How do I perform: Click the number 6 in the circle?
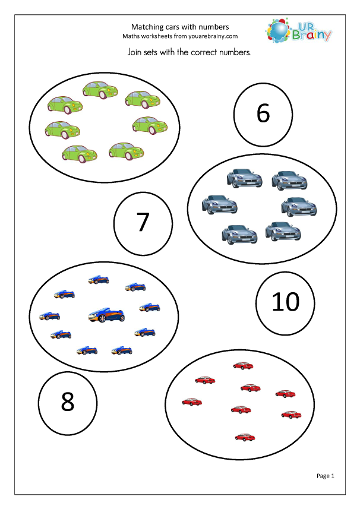(x=263, y=113)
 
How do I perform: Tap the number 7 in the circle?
(x=143, y=222)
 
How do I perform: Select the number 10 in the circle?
(x=285, y=302)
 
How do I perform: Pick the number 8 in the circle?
(x=67, y=402)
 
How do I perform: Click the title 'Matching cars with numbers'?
(x=179, y=27)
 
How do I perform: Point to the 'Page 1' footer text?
(x=326, y=475)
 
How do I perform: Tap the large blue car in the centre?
(x=105, y=315)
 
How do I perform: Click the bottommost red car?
(x=244, y=437)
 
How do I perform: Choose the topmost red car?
(x=242, y=366)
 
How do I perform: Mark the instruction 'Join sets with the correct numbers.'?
(x=189, y=52)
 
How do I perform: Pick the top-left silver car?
(x=241, y=178)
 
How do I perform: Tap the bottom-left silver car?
(x=239, y=233)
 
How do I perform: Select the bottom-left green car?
(x=80, y=153)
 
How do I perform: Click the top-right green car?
(x=140, y=99)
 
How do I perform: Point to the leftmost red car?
(x=192, y=401)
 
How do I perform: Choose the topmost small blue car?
(x=98, y=279)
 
